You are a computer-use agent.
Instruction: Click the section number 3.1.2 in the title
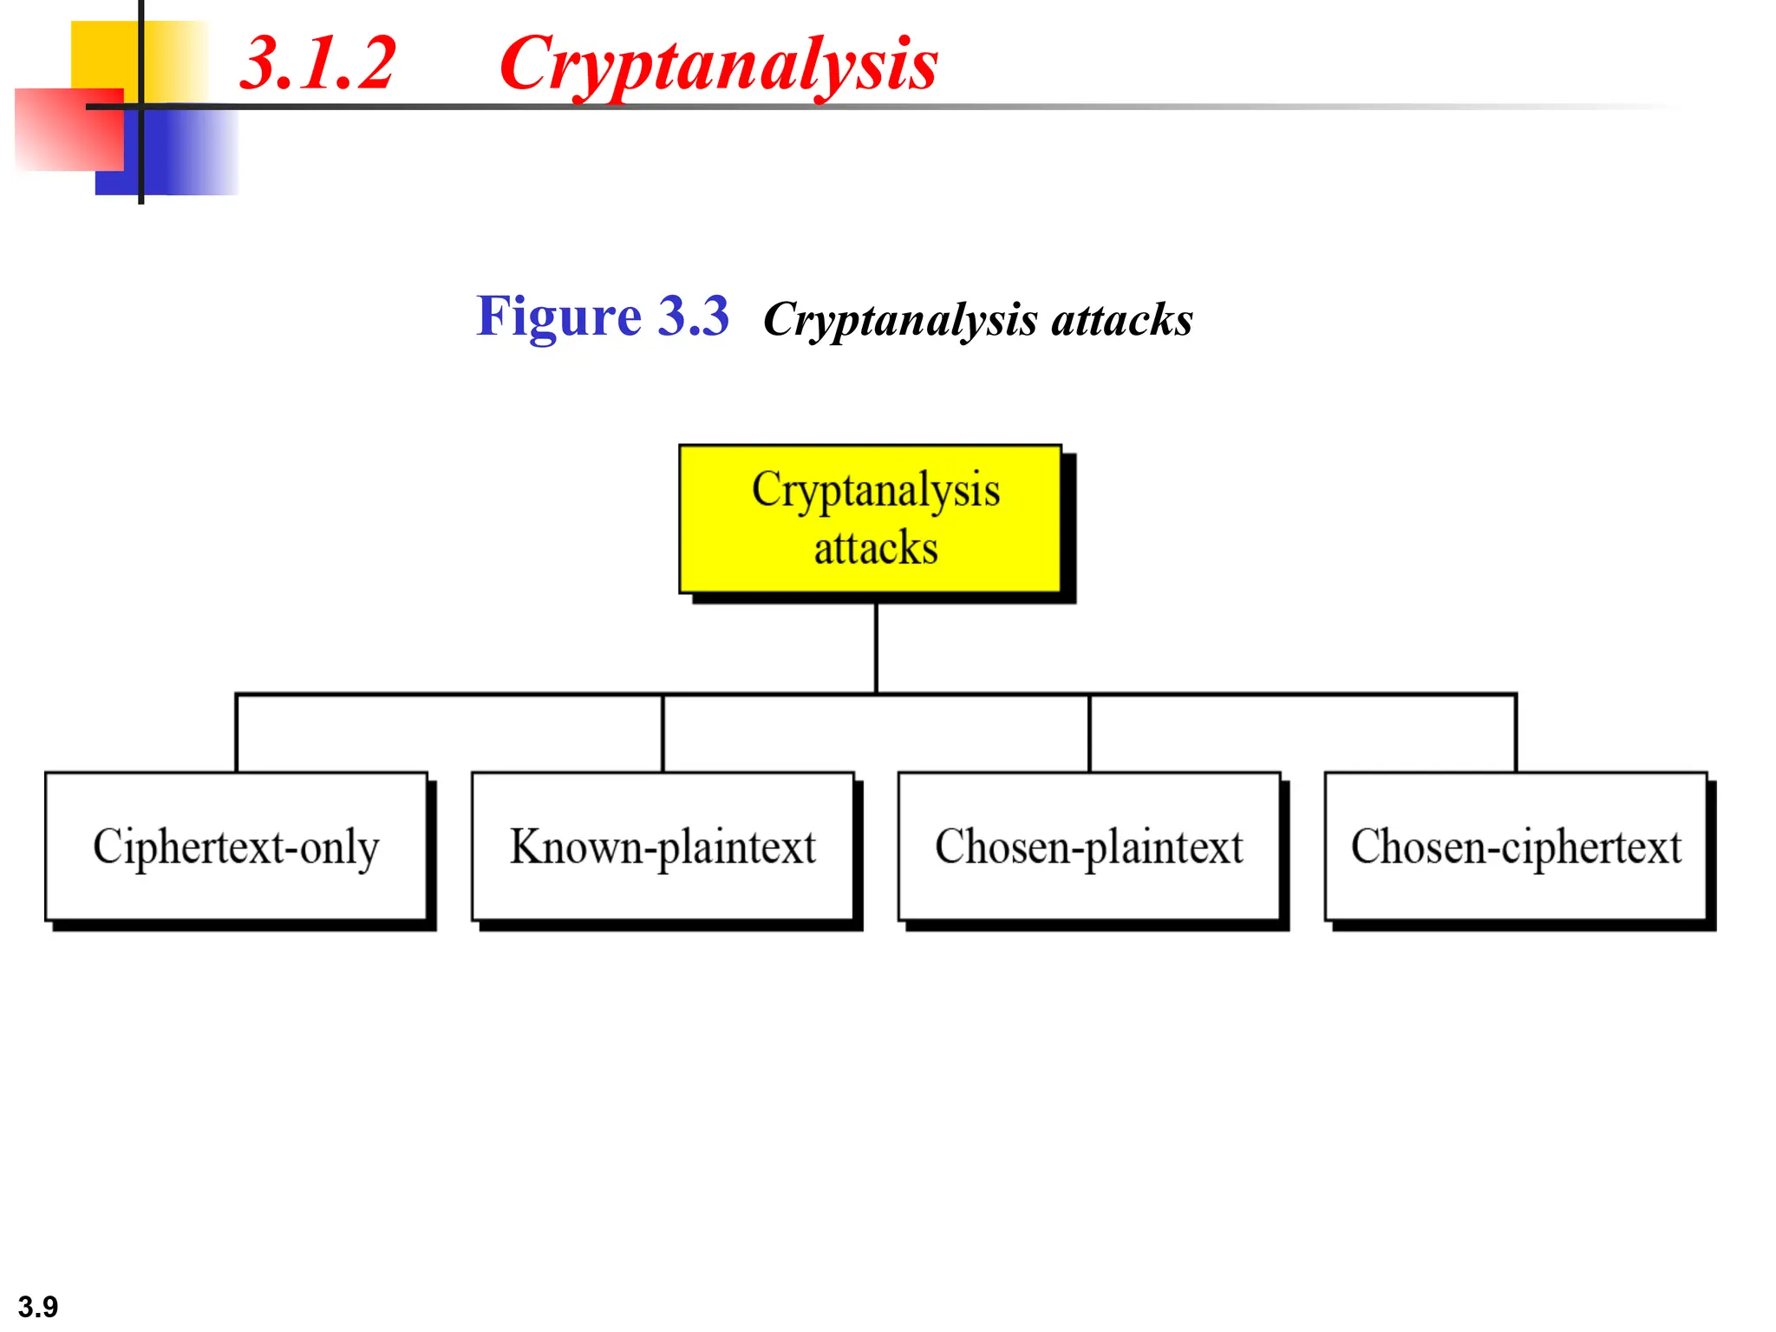pos(317,63)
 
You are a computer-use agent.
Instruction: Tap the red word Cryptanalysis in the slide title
pos(718,63)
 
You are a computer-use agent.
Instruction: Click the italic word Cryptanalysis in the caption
pos(900,320)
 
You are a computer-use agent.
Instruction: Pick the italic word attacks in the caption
pos(1121,320)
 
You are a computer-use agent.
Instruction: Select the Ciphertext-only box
pos(236,846)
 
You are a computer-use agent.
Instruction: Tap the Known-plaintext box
pos(663,846)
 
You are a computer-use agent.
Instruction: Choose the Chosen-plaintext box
pos(1089,846)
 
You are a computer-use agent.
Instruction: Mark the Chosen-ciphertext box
pos(1516,846)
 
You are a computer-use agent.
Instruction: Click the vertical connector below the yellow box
pos(876,646)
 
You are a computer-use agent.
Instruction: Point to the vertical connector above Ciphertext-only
pos(237,733)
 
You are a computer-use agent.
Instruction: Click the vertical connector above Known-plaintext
pos(663,733)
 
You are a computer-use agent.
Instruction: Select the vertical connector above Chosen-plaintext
pos(1090,733)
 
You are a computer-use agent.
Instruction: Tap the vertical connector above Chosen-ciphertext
pos(1517,733)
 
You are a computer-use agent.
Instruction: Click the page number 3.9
pos(38,1306)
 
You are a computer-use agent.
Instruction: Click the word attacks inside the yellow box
pos(876,548)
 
